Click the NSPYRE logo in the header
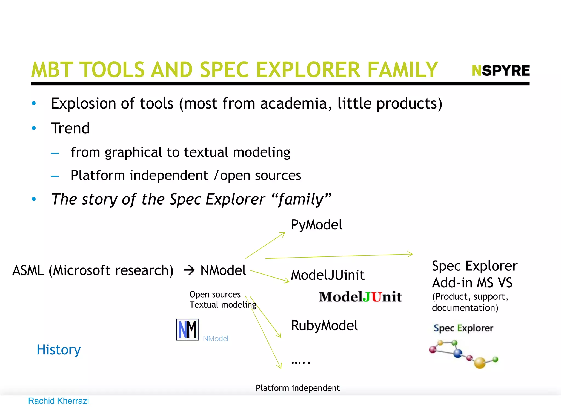[x=500, y=71]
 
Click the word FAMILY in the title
[x=402, y=70]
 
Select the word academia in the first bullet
[x=296, y=104]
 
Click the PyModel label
[x=316, y=225]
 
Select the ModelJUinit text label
[x=327, y=275]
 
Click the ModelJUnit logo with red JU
[x=360, y=297]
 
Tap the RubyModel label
[x=324, y=325]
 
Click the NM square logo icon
[x=187, y=329]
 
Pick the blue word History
[x=59, y=350]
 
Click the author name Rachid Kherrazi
[x=58, y=401]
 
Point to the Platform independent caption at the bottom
[x=297, y=388]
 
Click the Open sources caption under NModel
[x=215, y=294]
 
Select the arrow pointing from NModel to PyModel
[x=265, y=245]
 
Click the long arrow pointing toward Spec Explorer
[x=339, y=256]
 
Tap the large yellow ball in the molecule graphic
[x=480, y=363]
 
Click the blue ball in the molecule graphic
[x=458, y=353]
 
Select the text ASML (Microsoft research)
[x=93, y=270]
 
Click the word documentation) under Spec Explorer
[x=465, y=308]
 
